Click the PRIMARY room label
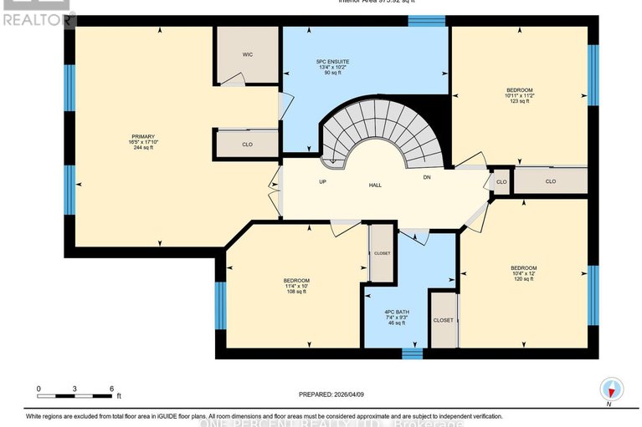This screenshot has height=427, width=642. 143,136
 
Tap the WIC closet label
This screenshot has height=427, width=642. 248,54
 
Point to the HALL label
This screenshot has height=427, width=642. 375,185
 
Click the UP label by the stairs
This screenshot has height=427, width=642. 321,181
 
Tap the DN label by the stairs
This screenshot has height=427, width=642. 427,177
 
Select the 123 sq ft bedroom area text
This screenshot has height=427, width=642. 519,101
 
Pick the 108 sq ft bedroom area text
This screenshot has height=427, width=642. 296,292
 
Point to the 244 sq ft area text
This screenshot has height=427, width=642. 143,148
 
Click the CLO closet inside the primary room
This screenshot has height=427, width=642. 247,145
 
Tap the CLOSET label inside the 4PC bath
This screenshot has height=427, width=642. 443,320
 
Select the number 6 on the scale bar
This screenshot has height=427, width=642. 111,389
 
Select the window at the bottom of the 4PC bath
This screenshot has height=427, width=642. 411,353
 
